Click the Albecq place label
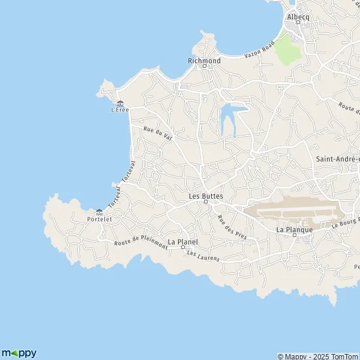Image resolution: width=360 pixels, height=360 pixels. click(298, 17)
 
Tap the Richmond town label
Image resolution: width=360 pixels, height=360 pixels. click(204, 61)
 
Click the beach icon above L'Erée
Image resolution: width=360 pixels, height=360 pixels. click(121, 103)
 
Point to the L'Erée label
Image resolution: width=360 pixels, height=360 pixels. click(121, 110)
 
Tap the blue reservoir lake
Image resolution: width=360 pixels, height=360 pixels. click(230, 117)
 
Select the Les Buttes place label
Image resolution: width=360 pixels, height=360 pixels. click(205, 196)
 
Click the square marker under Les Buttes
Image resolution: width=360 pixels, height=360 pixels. click(205, 202)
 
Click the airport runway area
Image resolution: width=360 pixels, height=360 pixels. click(294, 211)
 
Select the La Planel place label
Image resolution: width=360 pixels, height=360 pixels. click(182, 242)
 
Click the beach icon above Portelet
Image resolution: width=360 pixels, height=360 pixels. click(99, 212)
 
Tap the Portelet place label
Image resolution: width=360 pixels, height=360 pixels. click(100, 219)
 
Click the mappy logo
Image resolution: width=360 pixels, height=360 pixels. click(19, 353)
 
